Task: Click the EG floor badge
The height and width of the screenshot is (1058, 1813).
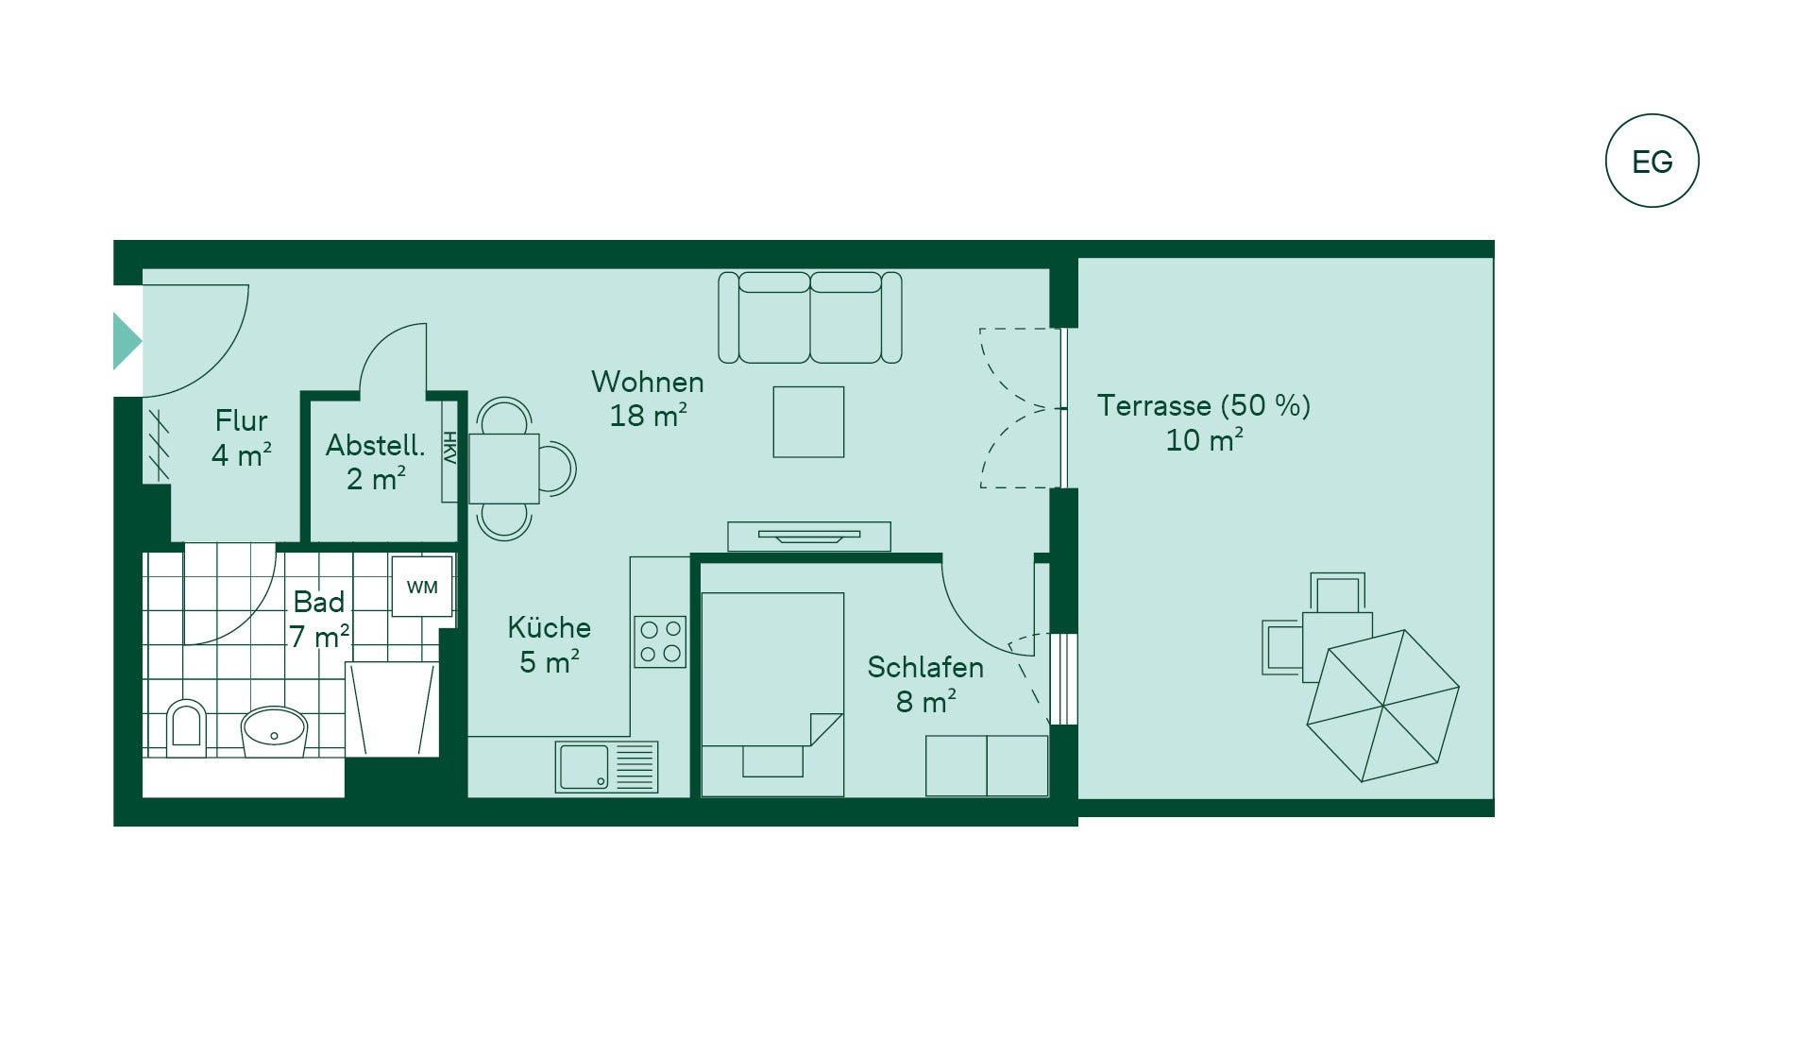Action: click(x=1652, y=161)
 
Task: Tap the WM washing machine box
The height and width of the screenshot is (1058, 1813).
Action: click(x=422, y=587)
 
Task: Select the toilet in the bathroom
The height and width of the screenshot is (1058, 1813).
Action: click(x=186, y=728)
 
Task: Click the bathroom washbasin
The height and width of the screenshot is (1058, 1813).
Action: click(x=274, y=731)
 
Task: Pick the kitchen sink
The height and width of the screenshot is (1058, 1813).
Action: click(x=606, y=766)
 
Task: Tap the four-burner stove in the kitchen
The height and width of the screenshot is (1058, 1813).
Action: click(x=660, y=641)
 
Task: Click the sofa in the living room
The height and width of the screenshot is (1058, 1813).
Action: click(x=810, y=317)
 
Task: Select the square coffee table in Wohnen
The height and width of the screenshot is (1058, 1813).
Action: click(x=808, y=421)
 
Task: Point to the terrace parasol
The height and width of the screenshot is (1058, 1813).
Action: click(x=1383, y=706)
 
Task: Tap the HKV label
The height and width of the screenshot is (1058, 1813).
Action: click(x=449, y=448)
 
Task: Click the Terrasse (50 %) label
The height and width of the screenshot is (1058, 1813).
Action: click(x=1204, y=405)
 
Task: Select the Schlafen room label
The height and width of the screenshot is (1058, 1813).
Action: click(x=925, y=667)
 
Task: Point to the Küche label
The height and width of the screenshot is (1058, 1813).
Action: click(x=549, y=627)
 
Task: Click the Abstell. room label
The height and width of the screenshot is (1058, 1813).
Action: click(x=375, y=445)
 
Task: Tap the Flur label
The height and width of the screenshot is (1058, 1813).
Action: click(x=241, y=420)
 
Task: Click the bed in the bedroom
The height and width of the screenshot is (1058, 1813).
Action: click(x=772, y=694)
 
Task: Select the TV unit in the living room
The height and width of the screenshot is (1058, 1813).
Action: click(x=809, y=537)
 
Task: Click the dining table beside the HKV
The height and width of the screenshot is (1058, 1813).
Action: click(x=504, y=469)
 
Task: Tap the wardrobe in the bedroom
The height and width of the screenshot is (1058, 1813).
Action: click(x=987, y=766)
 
